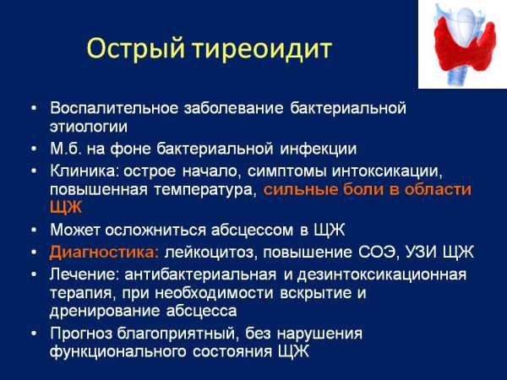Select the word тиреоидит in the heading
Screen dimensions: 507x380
[x=262, y=49]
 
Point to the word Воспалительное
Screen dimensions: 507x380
[x=114, y=108]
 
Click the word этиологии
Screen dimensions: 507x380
[x=89, y=127]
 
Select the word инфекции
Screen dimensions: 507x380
[x=319, y=149]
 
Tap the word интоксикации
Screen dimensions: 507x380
[x=387, y=171]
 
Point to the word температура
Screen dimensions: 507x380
[x=204, y=190]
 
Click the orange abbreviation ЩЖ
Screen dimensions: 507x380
[x=66, y=207]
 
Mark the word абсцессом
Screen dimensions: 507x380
[x=252, y=231]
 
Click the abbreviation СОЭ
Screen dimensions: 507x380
[x=377, y=252]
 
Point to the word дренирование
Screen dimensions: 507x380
[x=105, y=312]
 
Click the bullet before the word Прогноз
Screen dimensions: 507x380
[x=34, y=334]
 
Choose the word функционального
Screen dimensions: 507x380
[x=117, y=352]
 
